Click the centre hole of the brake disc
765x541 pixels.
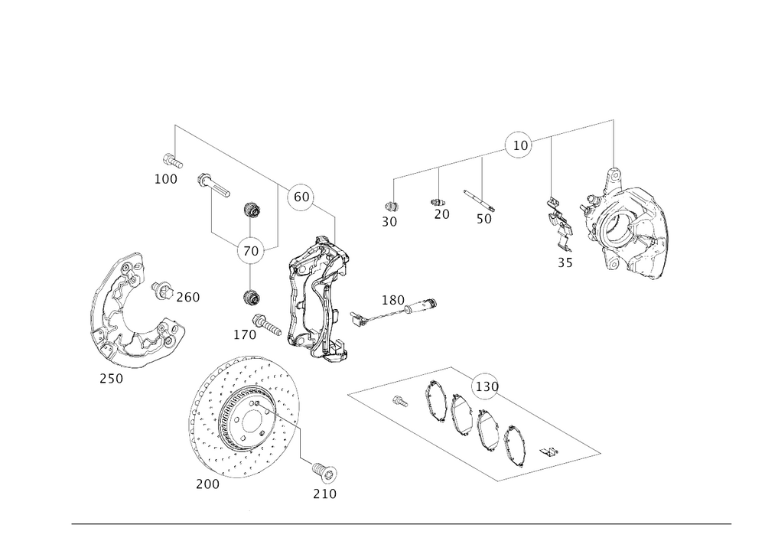[249, 419]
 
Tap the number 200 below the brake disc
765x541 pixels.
[207, 484]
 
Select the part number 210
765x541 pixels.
[324, 494]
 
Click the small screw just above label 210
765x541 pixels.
[323, 468]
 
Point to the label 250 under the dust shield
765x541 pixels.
[111, 378]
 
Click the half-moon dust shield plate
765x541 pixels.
[122, 314]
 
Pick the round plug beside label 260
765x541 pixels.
[160, 289]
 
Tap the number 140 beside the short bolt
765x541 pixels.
[244, 334]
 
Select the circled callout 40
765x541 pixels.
[253, 249]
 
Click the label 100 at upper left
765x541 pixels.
[166, 180]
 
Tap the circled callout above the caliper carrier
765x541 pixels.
[300, 198]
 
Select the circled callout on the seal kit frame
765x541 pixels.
[484, 387]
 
